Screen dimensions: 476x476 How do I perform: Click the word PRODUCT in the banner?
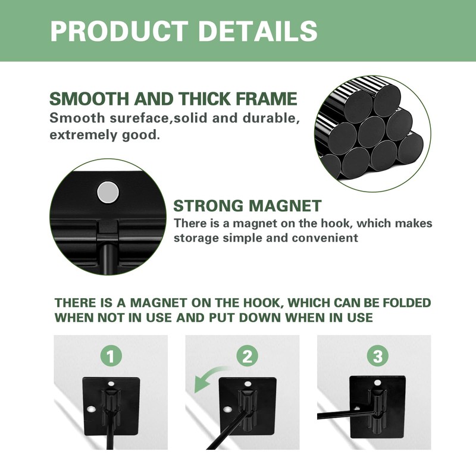click(x=119, y=31)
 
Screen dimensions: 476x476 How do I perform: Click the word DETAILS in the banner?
click(x=258, y=31)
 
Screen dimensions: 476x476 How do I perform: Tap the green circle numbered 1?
click(x=111, y=356)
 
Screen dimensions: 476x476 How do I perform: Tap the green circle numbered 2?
click(x=247, y=356)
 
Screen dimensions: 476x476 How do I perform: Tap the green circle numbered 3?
click(x=378, y=356)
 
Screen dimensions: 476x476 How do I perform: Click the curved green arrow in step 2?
click(x=206, y=377)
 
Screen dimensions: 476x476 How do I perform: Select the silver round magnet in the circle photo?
click(x=108, y=192)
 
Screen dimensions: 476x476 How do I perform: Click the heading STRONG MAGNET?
click(x=247, y=206)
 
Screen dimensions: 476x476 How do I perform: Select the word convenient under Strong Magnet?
click(x=325, y=238)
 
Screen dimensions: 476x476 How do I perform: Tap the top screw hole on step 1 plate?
click(x=111, y=384)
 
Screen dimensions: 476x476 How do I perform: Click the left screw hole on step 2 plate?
click(x=227, y=409)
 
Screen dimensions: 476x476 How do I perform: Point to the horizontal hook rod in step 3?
click(x=346, y=415)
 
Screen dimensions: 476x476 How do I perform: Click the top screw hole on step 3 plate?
click(x=377, y=383)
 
